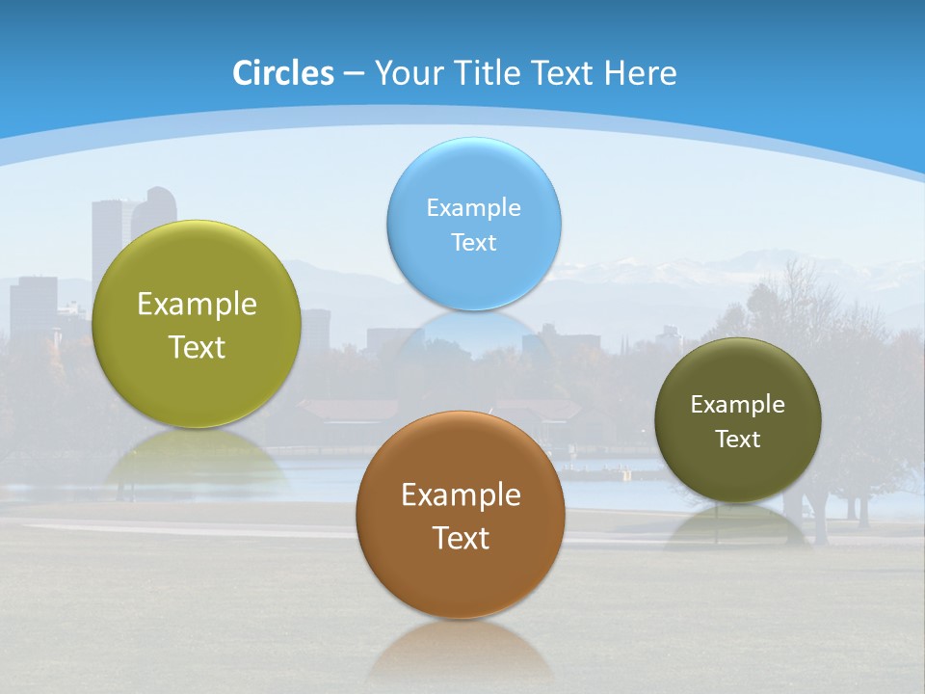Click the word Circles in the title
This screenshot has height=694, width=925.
click(x=283, y=73)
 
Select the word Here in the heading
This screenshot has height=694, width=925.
click(x=641, y=73)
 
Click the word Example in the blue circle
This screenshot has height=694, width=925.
click(x=473, y=207)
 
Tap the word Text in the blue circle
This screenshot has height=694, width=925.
click(x=473, y=242)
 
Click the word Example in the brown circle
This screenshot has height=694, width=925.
click(x=461, y=494)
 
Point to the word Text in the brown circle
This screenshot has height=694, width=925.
click(x=461, y=538)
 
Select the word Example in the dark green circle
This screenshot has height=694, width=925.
click(x=738, y=404)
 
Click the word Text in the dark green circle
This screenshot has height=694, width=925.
click(x=738, y=439)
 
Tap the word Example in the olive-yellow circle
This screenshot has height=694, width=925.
click(x=197, y=304)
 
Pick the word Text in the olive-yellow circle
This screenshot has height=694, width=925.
click(x=197, y=347)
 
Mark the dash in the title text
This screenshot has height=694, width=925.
click(x=353, y=74)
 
